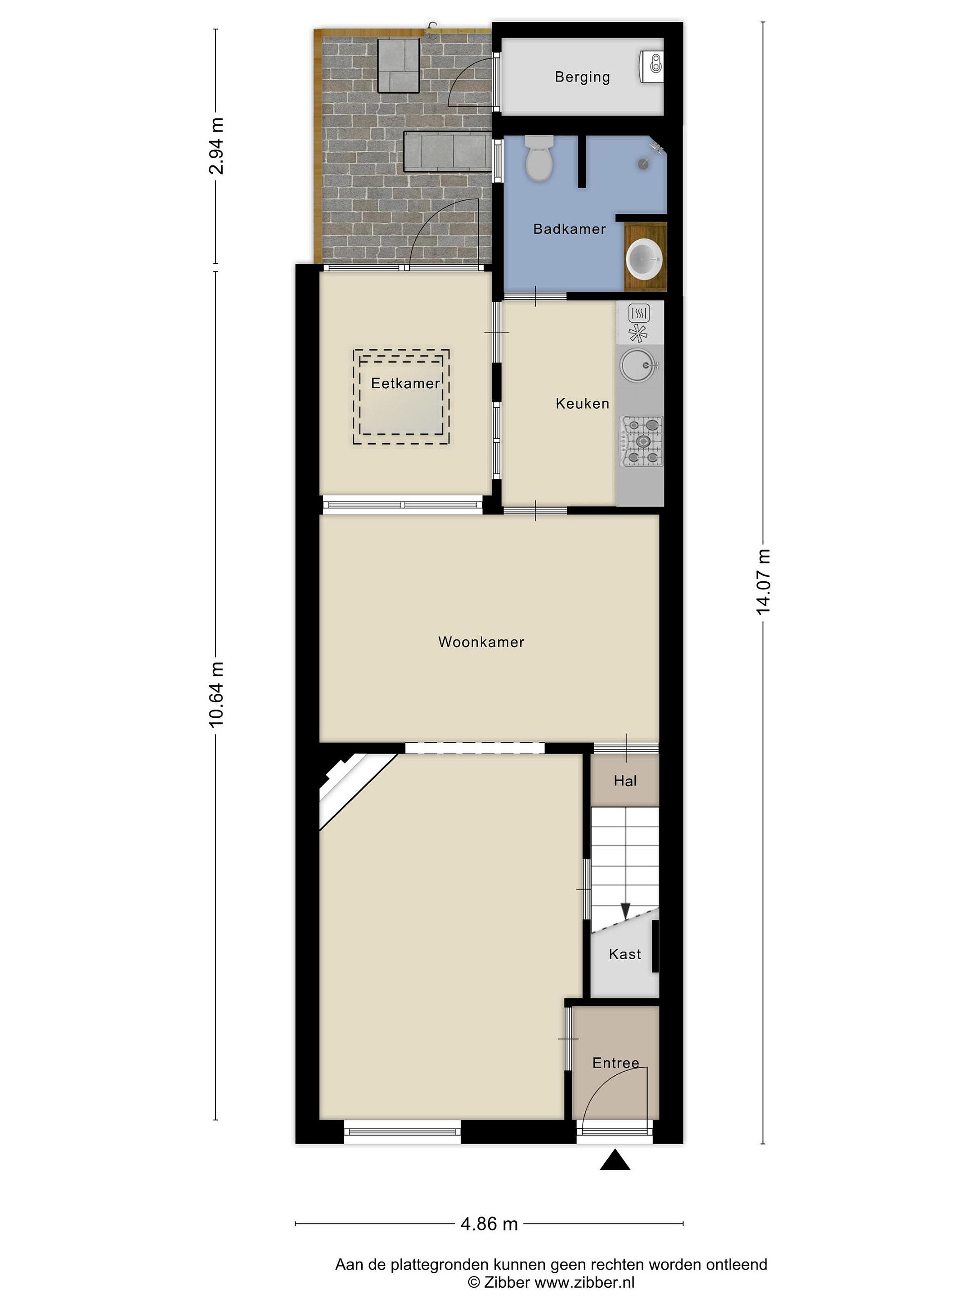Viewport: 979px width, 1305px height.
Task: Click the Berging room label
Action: (x=582, y=77)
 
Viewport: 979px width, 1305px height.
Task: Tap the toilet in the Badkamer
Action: (x=539, y=158)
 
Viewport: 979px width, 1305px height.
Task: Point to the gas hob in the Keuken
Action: (x=641, y=441)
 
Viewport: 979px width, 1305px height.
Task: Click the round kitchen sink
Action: (x=637, y=364)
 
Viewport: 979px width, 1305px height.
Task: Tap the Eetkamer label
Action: (x=405, y=383)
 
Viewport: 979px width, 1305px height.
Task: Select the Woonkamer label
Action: (x=481, y=642)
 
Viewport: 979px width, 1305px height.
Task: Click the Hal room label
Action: (x=625, y=781)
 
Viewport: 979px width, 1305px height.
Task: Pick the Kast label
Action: (x=625, y=954)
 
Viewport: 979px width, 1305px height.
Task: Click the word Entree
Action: (x=616, y=1063)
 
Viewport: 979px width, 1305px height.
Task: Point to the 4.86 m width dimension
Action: (x=489, y=1224)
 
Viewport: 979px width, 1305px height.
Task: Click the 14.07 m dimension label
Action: (x=763, y=582)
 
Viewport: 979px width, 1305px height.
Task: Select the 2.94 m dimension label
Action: (x=216, y=146)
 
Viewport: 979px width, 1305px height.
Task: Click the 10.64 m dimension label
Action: (x=216, y=694)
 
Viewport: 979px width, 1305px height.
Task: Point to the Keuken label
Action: (x=582, y=404)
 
